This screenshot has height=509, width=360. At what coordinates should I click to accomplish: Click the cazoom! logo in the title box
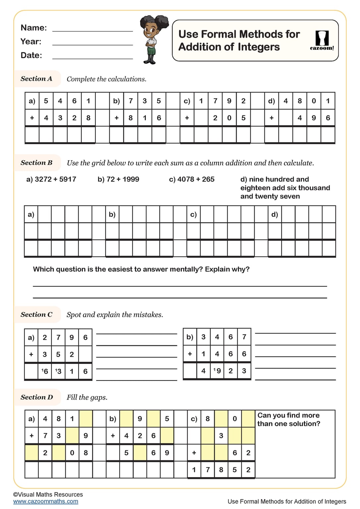pos(322,41)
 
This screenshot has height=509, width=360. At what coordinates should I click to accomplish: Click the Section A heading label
pos(36,79)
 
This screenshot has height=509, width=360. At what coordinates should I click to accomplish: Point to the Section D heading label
pos(37,397)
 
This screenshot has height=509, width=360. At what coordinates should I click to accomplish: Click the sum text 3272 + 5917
pos(51,179)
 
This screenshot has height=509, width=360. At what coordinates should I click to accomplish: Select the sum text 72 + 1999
pos(118,179)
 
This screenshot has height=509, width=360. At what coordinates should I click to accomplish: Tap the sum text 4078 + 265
pos(192,179)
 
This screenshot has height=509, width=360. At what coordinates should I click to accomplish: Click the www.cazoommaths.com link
pos(46,501)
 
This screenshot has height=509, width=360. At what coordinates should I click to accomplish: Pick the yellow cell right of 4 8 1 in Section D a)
pos(86,419)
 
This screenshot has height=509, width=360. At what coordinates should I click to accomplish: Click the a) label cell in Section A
pos(32,101)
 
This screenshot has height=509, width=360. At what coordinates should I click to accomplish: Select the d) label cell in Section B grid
pos(274,214)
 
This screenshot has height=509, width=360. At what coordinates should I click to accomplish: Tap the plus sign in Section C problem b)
pos(190,354)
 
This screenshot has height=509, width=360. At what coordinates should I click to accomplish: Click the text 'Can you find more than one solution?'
pos(288,420)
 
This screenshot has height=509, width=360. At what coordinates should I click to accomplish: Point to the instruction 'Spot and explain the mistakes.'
pos(115,315)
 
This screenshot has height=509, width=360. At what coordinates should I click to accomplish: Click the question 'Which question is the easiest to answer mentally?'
pos(141,269)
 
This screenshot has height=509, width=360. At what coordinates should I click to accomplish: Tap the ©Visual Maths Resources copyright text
pos(48,494)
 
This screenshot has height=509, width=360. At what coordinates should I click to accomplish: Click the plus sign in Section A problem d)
pos(271,118)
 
